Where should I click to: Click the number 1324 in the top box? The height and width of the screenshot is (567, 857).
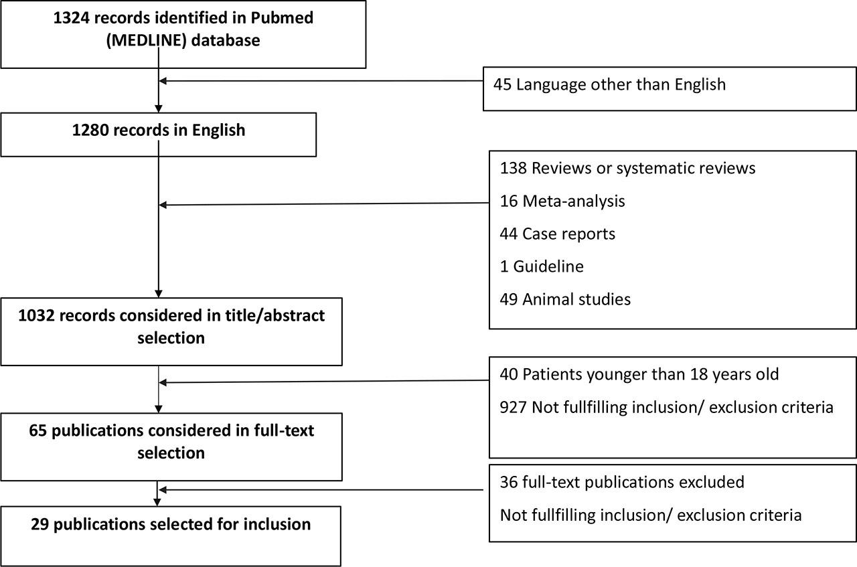coord(71,18)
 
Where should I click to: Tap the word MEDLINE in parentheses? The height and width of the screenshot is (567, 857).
coord(147,41)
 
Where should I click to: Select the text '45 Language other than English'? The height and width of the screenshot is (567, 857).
coord(609,84)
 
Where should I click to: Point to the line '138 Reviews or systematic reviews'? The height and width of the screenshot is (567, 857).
coord(627,168)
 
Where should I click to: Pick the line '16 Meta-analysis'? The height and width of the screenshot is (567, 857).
coord(562,201)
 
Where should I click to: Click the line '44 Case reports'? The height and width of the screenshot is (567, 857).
coord(558,234)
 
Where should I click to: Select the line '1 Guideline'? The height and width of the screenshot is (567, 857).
coord(542,266)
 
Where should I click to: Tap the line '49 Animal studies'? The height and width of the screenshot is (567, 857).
coord(565,299)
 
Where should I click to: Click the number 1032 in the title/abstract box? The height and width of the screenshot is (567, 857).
coord(37,316)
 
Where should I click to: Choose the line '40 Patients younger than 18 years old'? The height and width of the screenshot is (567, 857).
coord(639,374)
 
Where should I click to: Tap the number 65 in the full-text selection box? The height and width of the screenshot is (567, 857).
coord(37,431)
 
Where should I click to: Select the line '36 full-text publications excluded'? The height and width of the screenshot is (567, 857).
coord(622,482)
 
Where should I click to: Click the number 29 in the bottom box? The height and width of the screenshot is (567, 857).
coord(40,525)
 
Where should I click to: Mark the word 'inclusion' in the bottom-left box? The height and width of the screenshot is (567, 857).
coord(277,525)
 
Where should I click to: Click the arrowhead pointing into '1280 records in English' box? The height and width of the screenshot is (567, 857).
coord(159,108)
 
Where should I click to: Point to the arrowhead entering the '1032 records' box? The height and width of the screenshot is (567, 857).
coord(159,294)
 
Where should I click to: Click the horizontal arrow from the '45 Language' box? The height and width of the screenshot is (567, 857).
coord(321,81)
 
